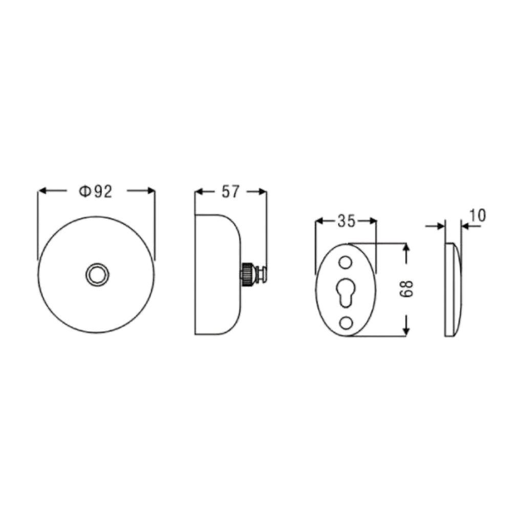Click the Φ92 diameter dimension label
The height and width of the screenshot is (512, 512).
tap(96, 191)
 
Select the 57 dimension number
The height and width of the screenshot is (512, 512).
tap(230, 191)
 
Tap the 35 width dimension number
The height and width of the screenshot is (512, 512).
tap(346, 221)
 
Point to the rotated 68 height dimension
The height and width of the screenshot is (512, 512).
tap(406, 289)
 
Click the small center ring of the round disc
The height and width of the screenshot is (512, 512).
tap(97, 274)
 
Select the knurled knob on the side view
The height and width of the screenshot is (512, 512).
tap(247, 274)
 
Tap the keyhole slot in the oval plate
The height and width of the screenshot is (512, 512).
tap(346, 292)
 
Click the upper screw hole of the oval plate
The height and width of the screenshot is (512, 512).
tap(346, 263)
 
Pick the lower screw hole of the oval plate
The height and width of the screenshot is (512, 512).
tap(346, 323)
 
